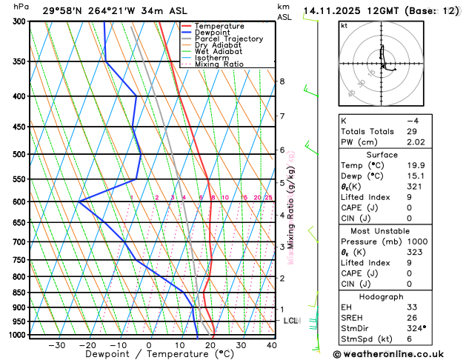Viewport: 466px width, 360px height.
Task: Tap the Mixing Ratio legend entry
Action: tap(223, 64)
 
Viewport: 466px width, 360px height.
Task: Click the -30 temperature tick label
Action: tap(56, 345)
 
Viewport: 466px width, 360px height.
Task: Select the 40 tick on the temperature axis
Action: tap(272, 345)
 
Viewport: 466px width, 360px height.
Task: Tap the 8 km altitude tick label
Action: tap(282, 81)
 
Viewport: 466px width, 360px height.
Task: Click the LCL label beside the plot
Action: tap(290, 321)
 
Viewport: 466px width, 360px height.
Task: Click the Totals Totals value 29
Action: tap(413, 131)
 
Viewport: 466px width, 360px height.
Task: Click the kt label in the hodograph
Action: tap(344, 26)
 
